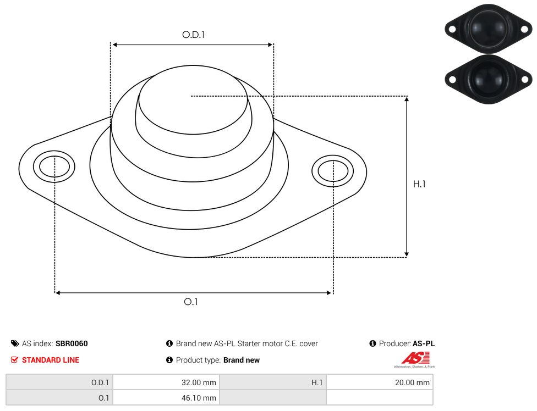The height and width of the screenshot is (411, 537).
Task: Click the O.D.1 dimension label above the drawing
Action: (x=193, y=35)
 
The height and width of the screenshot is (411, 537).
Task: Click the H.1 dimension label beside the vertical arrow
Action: (x=419, y=184)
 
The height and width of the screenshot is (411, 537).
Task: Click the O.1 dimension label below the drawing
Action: (x=191, y=302)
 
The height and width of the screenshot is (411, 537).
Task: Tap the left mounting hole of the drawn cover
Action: (x=54, y=167)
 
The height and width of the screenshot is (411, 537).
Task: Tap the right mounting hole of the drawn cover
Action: (x=332, y=171)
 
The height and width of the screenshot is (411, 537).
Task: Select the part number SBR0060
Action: (x=72, y=343)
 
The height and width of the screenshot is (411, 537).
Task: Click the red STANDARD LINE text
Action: (x=51, y=360)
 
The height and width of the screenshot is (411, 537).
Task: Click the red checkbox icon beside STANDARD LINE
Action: (x=14, y=360)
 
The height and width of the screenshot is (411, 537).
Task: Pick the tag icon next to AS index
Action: (x=15, y=343)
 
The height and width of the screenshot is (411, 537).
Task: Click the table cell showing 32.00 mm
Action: (x=166, y=382)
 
